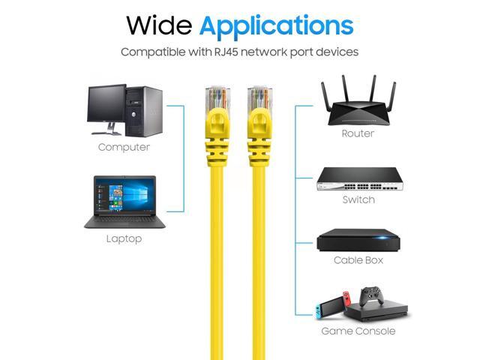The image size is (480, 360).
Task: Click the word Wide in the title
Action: click(159, 25)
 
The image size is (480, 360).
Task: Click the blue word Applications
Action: click(277, 27)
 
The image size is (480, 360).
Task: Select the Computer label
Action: click(124, 147)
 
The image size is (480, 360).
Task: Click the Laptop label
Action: click(124, 238)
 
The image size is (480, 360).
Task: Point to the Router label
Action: click(358, 133)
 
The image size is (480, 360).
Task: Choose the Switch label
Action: click(358, 199)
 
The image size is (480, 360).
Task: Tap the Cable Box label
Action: click(358, 260)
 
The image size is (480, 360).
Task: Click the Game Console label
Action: click(358, 331)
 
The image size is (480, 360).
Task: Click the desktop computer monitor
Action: click(106, 109)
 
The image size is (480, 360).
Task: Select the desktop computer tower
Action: click(144, 111)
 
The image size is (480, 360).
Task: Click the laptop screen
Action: click(125, 195)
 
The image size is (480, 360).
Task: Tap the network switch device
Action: click(360, 179)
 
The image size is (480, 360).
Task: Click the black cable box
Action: click(358, 240)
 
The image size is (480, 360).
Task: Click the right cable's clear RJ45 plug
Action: click(260, 97)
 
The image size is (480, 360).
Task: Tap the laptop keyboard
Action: click(124, 219)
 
